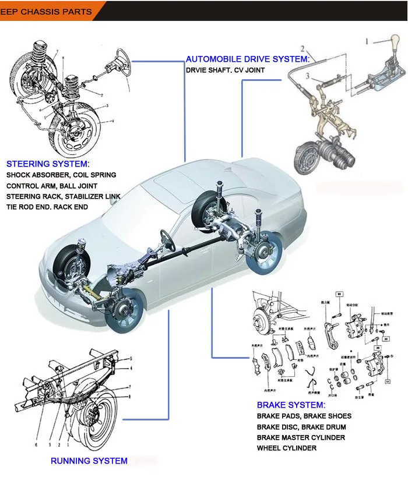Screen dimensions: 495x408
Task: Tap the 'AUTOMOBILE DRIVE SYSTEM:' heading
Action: pyautogui.click(x=247, y=59)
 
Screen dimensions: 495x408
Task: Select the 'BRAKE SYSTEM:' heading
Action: pyautogui.click(x=291, y=405)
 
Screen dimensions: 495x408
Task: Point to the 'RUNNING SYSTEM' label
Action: pyautogui.click(x=89, y=461)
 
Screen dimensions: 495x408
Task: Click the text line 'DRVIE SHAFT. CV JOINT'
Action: pyautogui.click(x=225, y=70)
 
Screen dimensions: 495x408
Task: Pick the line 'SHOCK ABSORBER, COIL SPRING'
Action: pyautogui.click(x=61, y=175)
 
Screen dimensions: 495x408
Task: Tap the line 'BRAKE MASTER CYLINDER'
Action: pyautogui.click(x=301, y=437)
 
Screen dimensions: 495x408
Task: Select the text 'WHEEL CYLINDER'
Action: pyautogui.click(x=287, y=448)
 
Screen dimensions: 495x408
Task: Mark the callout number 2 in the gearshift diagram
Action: pyautogui.click(x=303, y=48)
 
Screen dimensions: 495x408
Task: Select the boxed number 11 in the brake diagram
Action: pyautogui.click(x=387, y=381)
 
